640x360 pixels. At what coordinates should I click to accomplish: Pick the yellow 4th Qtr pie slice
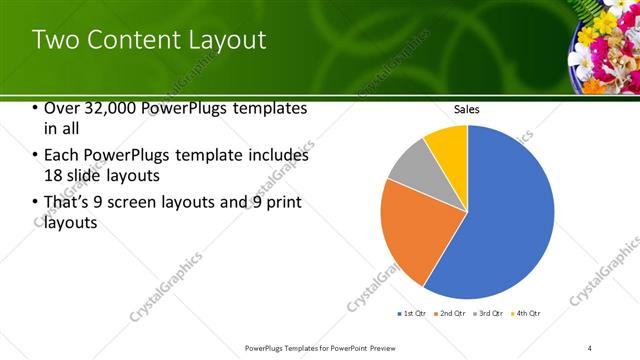click(x=447, y=145)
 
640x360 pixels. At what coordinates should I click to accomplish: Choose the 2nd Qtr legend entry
click(x=450, y=314)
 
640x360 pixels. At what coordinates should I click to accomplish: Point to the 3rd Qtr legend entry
click(x=488, y=314)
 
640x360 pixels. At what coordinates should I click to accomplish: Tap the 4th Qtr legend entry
click(x=526, y=314)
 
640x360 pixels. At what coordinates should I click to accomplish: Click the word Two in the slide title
click(x=55, y=40)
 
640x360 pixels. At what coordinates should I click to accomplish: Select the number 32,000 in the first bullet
click(x=109, y=109)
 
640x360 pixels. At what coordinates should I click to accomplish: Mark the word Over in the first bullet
click(x=64, y=109)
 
